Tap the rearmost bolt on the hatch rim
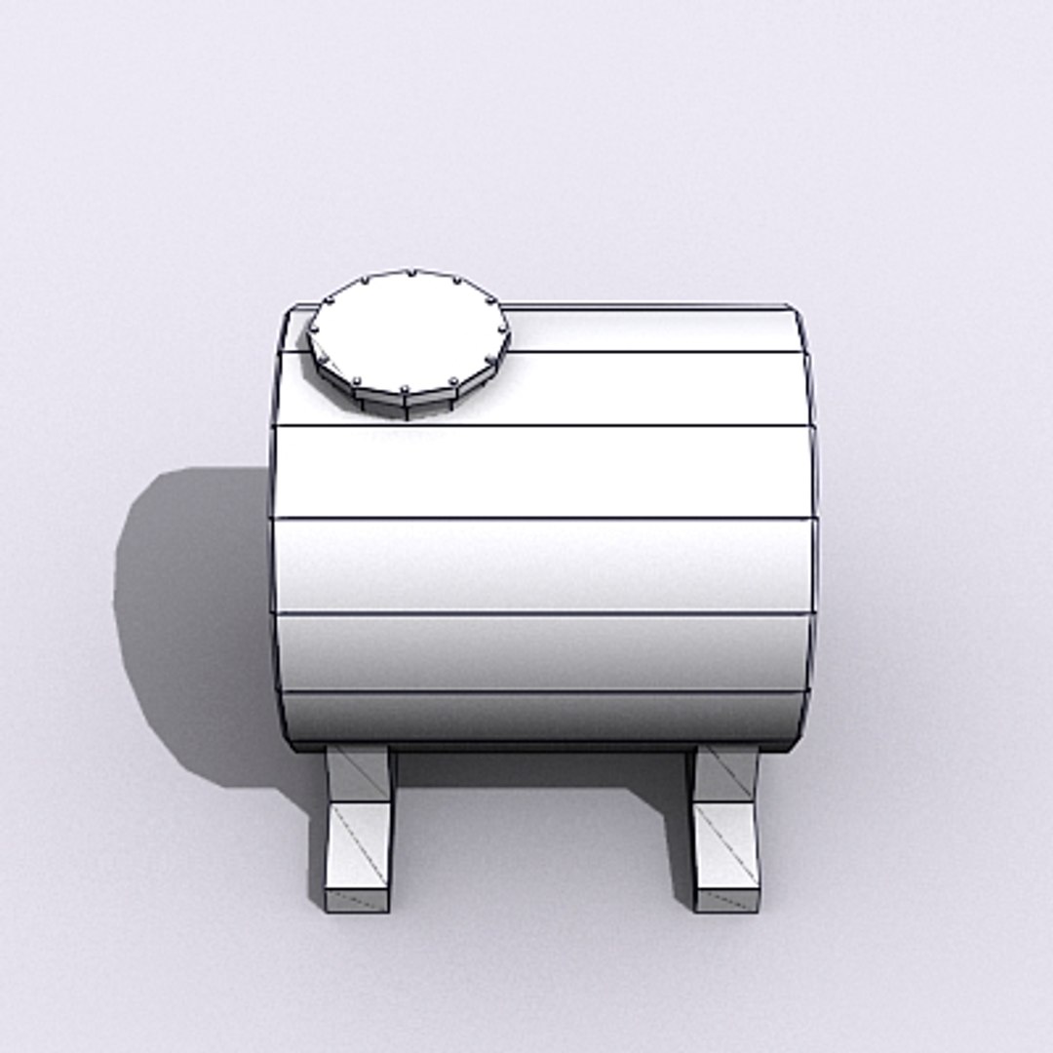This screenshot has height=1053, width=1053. pos(410,273)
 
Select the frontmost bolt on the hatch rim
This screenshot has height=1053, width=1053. pos(404,389)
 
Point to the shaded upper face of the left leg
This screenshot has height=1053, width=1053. pos(359,773)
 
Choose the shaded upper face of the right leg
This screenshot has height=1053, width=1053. pos(726,773)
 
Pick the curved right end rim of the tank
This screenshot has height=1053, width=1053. pos(812,526)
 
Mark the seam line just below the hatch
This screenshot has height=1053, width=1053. pos(585,426)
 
